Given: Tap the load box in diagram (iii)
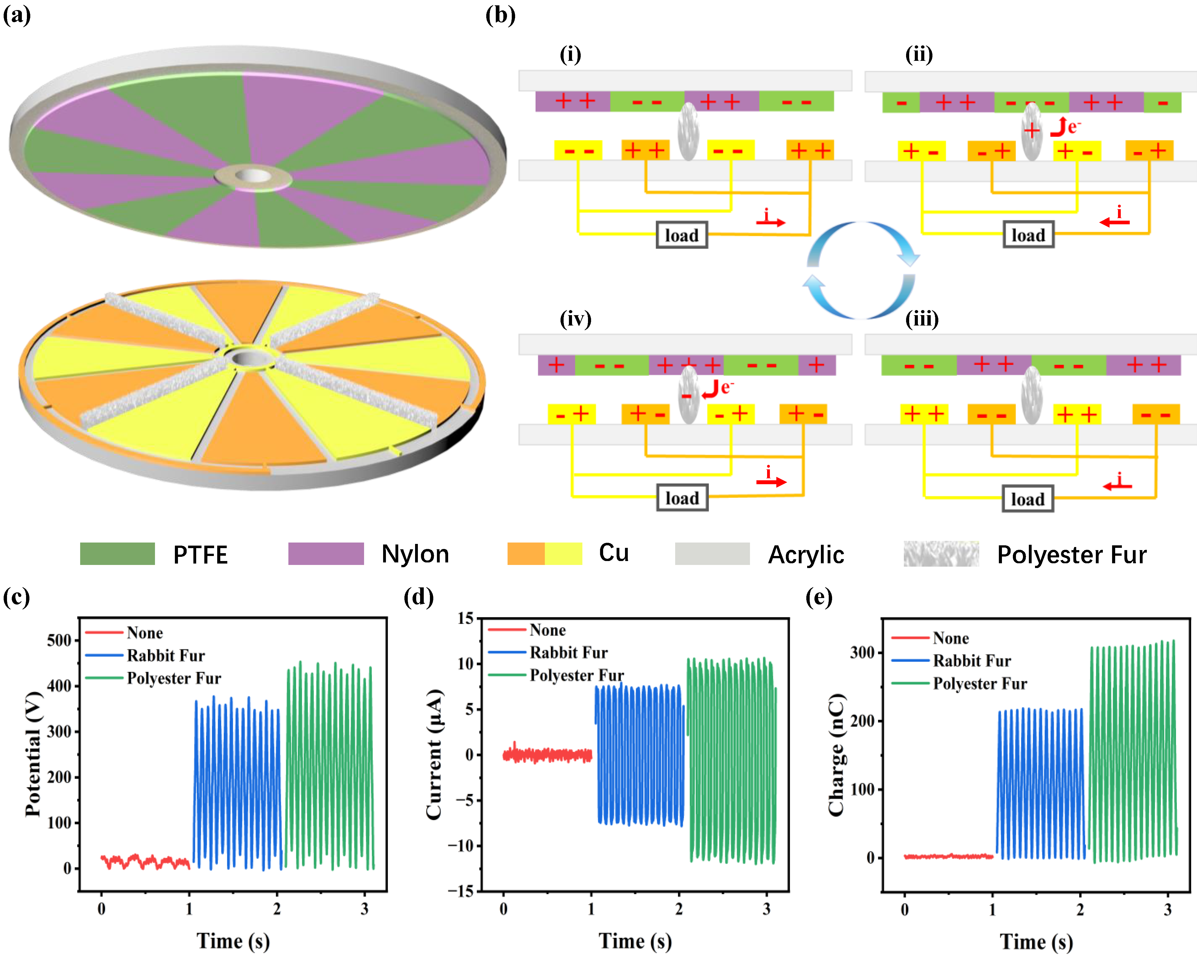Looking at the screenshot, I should click(1028, 499).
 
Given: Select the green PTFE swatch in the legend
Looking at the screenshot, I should click(117, 554).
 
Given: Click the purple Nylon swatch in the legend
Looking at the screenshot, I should click(326, 554).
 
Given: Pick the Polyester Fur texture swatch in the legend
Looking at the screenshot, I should click(941, 554).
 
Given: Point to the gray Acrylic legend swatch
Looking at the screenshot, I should click(712, 554).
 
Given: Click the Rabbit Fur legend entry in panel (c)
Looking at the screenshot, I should click(165, 656).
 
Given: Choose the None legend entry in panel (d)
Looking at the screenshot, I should click(547, 630).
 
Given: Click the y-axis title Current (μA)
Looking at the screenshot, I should click(434, 754).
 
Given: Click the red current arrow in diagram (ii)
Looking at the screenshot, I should click(1114, 222).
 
